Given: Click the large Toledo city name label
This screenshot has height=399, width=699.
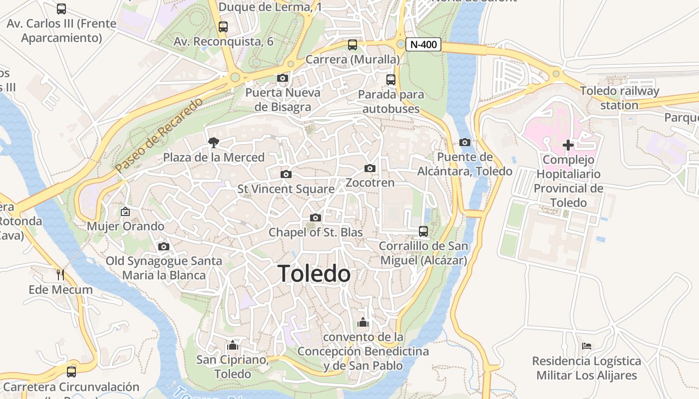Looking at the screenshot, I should tap(314, 274).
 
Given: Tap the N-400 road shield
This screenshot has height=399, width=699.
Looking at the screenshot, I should tap(423, 44).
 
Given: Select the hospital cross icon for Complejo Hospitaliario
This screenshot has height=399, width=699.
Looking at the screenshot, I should tap(568, 145).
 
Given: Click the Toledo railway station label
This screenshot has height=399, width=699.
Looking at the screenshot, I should tap(619, 98).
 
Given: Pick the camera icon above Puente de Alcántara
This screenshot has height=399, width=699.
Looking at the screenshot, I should tap(464, 143).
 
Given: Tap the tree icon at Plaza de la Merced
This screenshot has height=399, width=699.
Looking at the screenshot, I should tap(214, 143).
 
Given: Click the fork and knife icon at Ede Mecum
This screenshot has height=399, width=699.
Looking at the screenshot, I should tap(60, 274).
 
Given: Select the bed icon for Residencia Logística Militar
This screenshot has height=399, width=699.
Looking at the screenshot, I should tap(587, 346).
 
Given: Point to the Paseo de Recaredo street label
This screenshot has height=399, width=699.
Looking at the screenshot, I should tap(159, 136).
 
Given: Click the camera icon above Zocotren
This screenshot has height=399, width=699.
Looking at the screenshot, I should tap(369, 169).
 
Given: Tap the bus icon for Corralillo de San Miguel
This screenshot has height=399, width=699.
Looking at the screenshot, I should tap(423, 231).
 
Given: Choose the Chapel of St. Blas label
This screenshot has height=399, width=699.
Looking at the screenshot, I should tap(316, 232).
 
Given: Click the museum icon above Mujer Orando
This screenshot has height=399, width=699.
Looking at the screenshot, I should tap(125, 212).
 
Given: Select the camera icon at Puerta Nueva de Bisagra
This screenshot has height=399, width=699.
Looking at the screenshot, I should tap(282, 78).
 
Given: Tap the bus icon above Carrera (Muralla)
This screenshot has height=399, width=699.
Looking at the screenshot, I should tap(352, 45).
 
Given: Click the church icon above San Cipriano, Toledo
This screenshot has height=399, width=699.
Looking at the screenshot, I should tap(232, 345).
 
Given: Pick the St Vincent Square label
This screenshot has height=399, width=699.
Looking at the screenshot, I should tap(286, 189).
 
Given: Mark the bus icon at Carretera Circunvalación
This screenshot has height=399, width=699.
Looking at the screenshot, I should tap(71, 372).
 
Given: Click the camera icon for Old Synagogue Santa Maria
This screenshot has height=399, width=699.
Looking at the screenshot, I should tap(163, 246).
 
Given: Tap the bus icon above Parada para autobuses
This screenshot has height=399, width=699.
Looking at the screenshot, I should tap(391, 80).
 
